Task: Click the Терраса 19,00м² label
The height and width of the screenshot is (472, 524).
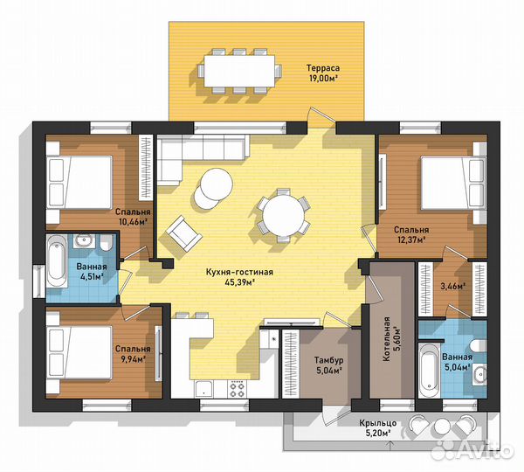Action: coord(323,73)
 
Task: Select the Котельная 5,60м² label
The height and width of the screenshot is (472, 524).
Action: coord(391,339)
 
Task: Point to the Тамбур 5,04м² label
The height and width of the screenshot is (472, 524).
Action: coord(329,365)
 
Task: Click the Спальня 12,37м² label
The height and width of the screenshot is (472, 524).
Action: coord(411,234)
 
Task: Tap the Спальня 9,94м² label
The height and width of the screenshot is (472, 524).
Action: coord(133,354)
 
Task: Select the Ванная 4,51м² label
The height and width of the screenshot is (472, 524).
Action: coord(92,271)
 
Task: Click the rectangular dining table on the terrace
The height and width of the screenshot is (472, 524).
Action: coord(239,71)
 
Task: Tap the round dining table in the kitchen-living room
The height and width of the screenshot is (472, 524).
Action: coord(283,215)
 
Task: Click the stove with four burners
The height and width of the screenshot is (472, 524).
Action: coord(237,389)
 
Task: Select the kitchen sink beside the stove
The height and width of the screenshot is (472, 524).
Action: coord(203,390)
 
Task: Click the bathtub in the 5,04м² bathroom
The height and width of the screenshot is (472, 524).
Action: coord(428,370)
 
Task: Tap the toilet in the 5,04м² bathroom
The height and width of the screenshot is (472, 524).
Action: coord(479,346)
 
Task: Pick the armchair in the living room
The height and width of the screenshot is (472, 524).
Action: coord(184,233)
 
